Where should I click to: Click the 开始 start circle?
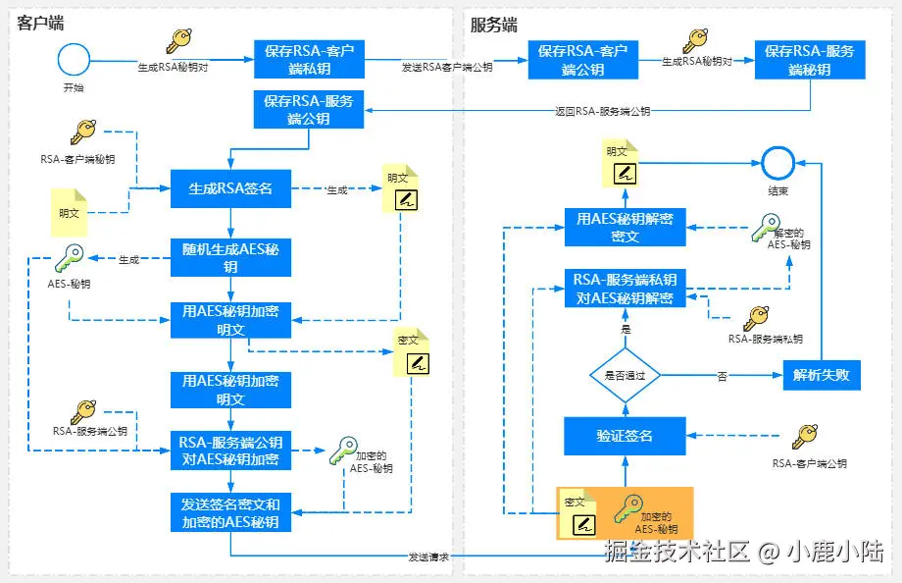point(74,60)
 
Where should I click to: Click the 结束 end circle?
point(777,162)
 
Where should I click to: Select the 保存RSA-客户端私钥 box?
point(309,60)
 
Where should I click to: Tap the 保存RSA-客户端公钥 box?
point(582,60)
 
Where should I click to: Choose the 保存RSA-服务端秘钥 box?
point(810,60)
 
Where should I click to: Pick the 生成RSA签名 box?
point(230,188)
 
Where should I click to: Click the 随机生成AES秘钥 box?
point(230,258)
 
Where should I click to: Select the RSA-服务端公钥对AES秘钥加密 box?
point(230,450)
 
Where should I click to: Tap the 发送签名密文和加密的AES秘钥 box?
point(230,512)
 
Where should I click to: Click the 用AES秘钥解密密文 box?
point(626,227)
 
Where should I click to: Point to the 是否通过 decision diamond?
point(625,375)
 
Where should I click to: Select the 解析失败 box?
point(822,375)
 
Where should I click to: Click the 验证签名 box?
point(625,435)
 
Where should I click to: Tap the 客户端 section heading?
point(40,24)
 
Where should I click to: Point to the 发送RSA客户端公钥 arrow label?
point(447,68)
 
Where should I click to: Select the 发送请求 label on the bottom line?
point(428,556)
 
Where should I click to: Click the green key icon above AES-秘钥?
point(70,260)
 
